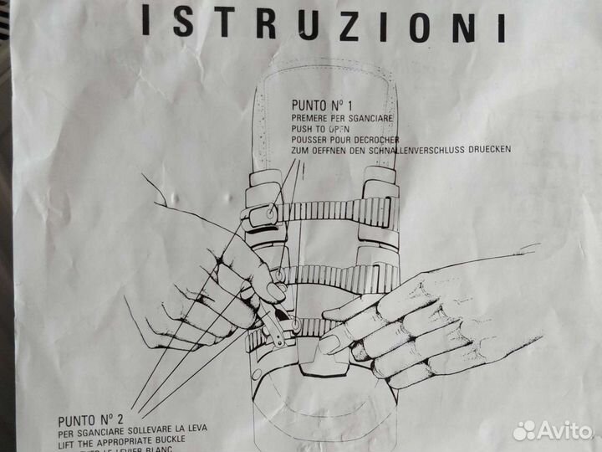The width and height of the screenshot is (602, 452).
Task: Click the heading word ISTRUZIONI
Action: [323, 26]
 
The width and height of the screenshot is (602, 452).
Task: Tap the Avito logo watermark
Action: [552, 430]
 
